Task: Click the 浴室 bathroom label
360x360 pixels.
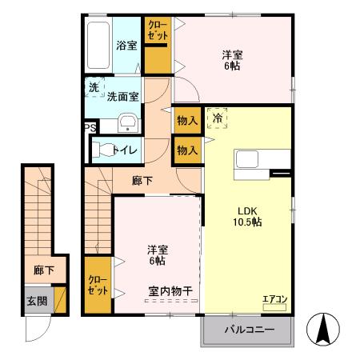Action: [126, 46]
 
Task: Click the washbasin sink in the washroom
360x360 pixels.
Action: [128, 123]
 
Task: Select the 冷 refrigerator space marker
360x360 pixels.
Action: [217, 118]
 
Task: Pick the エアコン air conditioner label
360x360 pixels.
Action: [274, 300]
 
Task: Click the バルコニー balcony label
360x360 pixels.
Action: [249, 330]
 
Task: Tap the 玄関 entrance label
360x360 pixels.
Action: [36, 301]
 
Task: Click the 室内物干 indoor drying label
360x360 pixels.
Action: [170, 290]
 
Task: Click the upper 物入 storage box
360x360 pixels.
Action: [186, 120]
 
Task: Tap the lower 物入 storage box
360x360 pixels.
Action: [186, 150]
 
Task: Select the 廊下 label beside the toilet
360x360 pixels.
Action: [142, 181]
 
